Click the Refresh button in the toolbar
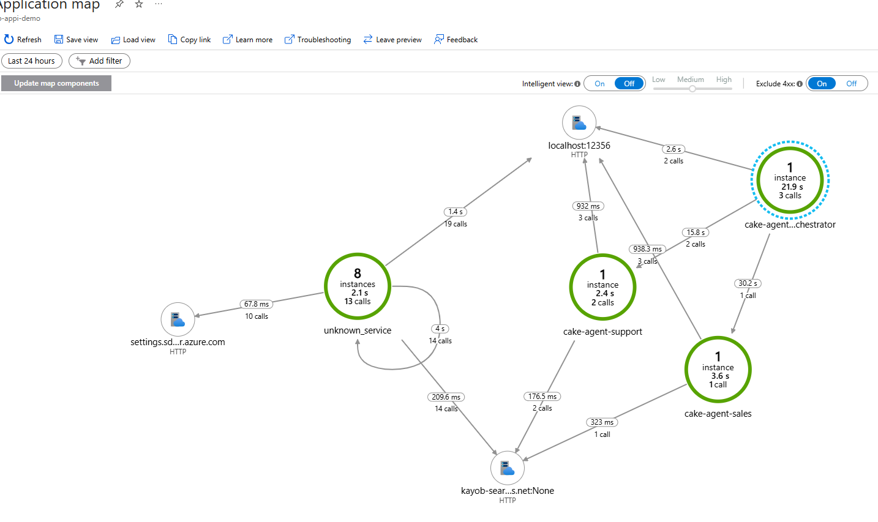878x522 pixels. [22, 40]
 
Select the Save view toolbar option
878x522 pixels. [76, 40]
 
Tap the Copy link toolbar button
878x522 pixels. [189, 40]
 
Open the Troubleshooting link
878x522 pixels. [318, 40]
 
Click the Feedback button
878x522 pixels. [456, 40]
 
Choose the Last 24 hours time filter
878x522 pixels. [31, 61]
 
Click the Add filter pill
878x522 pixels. [99, 61]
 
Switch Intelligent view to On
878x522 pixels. [599, 83]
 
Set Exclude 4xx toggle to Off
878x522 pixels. [851, 83]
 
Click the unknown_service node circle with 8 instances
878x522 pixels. [358, 286]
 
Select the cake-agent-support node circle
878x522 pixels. [602, 287]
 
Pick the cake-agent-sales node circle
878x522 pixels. [718, 370]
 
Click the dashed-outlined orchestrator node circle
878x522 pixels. [790, 180]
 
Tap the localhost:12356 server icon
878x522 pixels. [579, 122]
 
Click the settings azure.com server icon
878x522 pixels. [178, 319]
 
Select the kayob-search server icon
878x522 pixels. [507, 468]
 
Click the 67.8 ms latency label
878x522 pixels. [257, 304]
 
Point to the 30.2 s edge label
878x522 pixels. [748, 283]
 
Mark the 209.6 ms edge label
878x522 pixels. [446, 397]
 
